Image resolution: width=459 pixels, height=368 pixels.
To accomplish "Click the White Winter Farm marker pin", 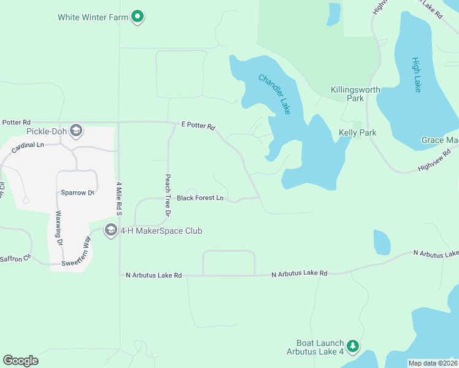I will tap(138, 17).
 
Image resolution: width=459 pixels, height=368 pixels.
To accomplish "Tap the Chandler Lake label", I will tap(274, 94).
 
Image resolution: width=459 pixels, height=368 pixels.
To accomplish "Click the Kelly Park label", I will tap(357, 132).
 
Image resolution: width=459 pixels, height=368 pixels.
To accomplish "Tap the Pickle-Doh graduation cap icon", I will tap(76, 130).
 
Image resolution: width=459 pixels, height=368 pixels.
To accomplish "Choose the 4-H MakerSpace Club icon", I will tap(111, 231).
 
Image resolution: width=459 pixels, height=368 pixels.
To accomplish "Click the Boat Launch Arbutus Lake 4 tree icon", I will tap(352, 347).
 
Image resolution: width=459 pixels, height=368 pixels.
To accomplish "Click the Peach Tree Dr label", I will tap(167, 196).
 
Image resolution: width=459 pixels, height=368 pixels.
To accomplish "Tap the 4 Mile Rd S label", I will tap(118, 197).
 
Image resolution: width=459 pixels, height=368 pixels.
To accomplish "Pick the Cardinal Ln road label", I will tap(32, 145).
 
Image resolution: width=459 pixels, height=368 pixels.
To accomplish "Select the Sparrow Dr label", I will tap(77, 193).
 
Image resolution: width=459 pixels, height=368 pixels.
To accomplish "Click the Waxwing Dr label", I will tap(60, 229).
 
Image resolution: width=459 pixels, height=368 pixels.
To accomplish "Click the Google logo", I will tap(20, 361).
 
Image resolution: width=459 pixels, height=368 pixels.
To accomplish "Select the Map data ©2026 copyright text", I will tap(433, 363).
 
